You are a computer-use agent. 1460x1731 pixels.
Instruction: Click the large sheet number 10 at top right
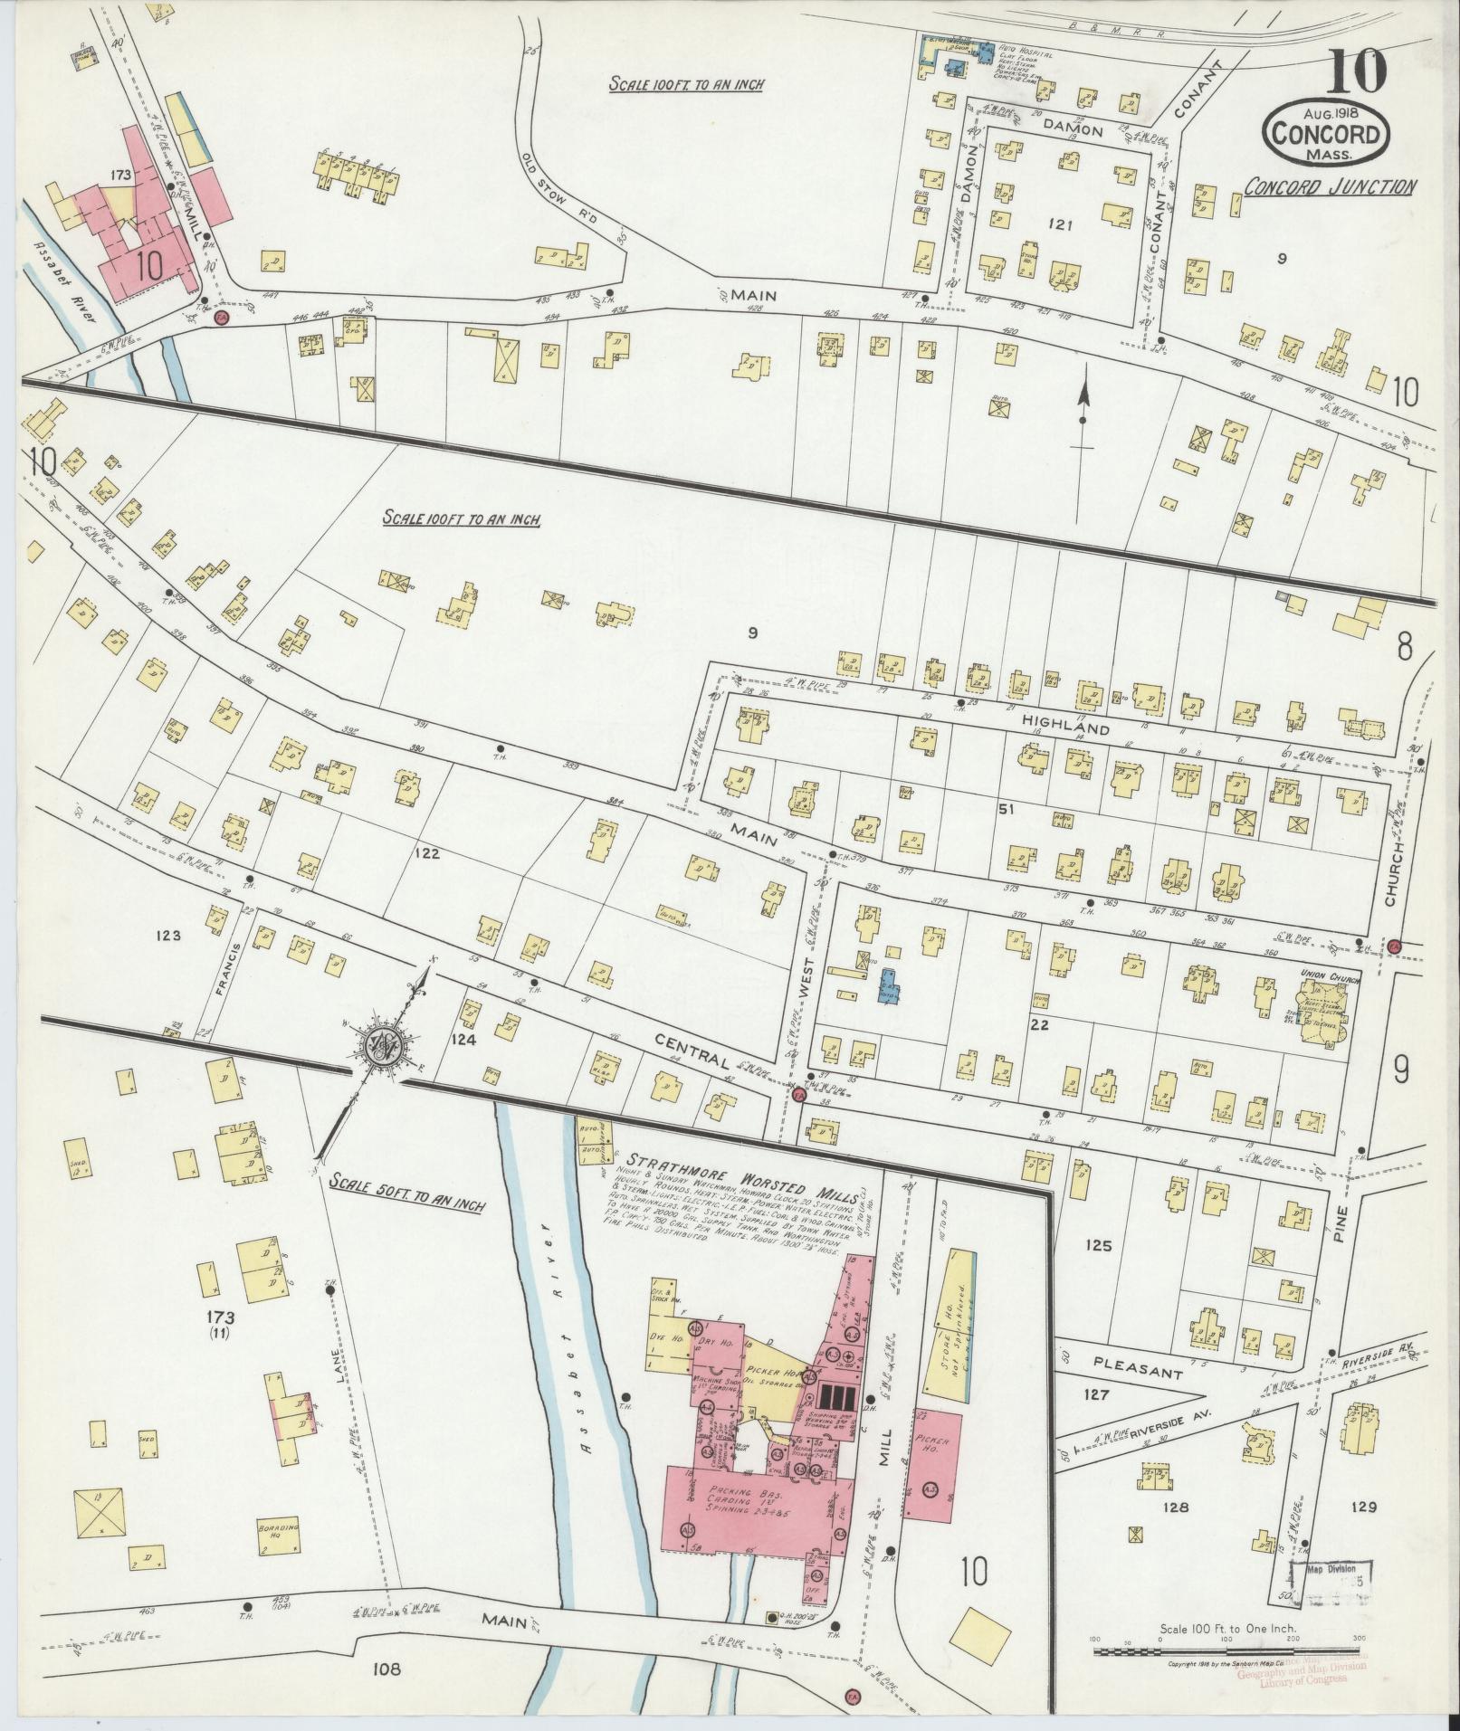point(1357,71)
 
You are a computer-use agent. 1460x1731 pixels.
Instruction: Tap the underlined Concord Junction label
point(1328,187)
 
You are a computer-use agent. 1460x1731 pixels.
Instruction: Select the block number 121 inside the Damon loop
point(1056,224)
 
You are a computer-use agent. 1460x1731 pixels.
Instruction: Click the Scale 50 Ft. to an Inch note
point(407,1182)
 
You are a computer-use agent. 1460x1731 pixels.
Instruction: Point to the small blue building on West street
point(888,986)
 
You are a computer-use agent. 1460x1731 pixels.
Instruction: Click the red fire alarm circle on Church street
point(1394,945)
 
